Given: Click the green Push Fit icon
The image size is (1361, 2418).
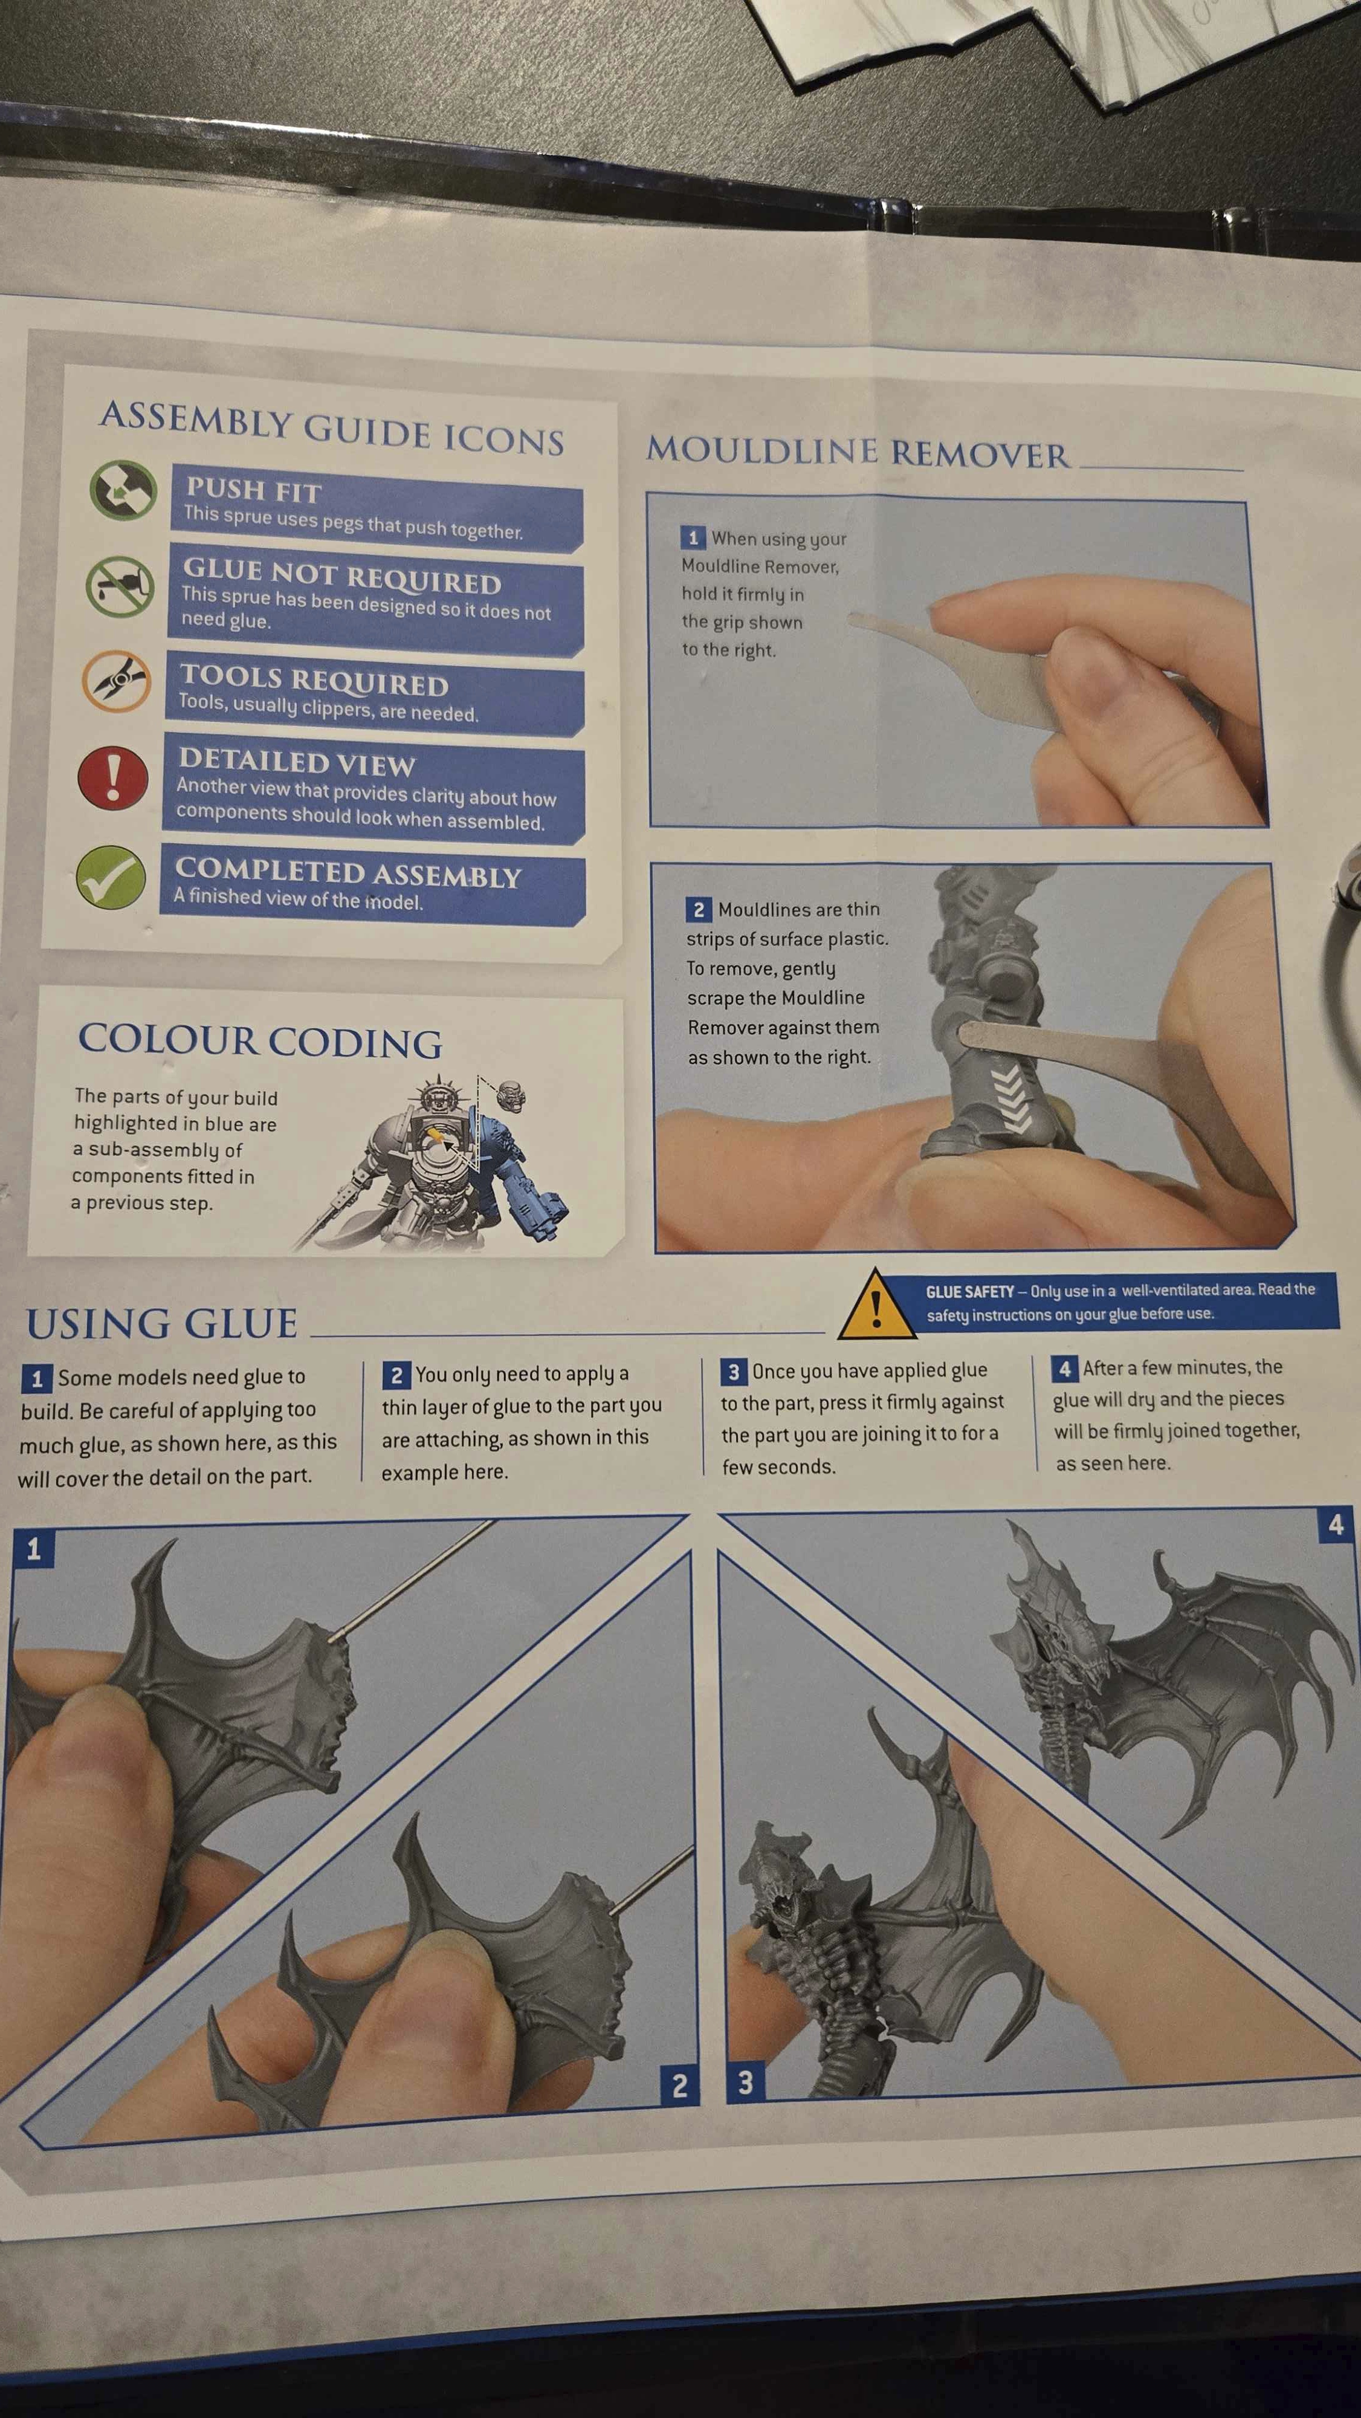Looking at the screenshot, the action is tap(123, 489).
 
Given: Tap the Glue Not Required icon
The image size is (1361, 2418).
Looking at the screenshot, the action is tap(119, 586).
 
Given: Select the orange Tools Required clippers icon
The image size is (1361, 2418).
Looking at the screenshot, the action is tap(117, 681).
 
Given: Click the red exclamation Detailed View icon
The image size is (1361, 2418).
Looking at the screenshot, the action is tap(112, 778).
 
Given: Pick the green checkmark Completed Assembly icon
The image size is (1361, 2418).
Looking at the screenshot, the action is tap(111, 877).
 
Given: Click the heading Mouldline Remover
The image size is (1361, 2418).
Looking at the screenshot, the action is tap(858, 452).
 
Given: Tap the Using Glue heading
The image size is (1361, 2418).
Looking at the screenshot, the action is tap(161, 1323).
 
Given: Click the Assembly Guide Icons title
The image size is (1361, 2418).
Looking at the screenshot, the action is tap(332, 428).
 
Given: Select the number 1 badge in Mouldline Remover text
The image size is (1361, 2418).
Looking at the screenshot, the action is tap(693, 537).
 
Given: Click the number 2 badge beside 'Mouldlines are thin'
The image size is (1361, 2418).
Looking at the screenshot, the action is tap(699, 909).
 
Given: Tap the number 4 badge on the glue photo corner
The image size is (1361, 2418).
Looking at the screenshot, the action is tap(1336, 1525).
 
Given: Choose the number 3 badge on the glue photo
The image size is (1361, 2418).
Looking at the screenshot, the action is tap(745, 2082).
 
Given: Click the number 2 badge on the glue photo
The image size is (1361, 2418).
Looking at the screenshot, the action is tap(679, 2086).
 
